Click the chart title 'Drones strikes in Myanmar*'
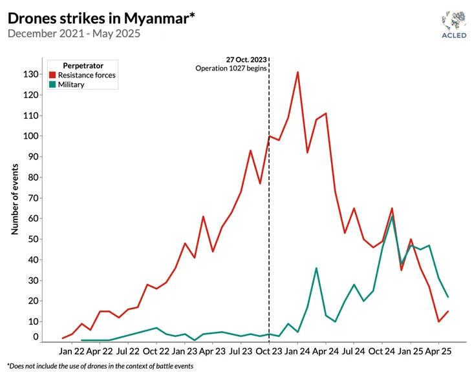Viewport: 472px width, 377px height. (101, 17)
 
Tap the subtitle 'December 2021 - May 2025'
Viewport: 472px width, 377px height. (74, 32)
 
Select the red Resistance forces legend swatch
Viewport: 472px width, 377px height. (52, 76)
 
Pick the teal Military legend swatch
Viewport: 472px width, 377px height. (52, 85)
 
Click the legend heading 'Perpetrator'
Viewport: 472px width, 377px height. (83, 65)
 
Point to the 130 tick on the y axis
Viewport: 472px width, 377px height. (30, 74)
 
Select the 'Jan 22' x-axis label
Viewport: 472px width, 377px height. (72, 352)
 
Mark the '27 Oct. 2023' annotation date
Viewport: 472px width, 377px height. (246, 59)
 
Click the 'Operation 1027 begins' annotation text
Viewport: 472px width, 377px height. (231, 68)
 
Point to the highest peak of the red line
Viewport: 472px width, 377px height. (297, 72)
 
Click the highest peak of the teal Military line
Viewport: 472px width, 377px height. (392, 216)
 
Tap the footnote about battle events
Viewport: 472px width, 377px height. (100, 366)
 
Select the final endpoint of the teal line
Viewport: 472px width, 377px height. (448, 297)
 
